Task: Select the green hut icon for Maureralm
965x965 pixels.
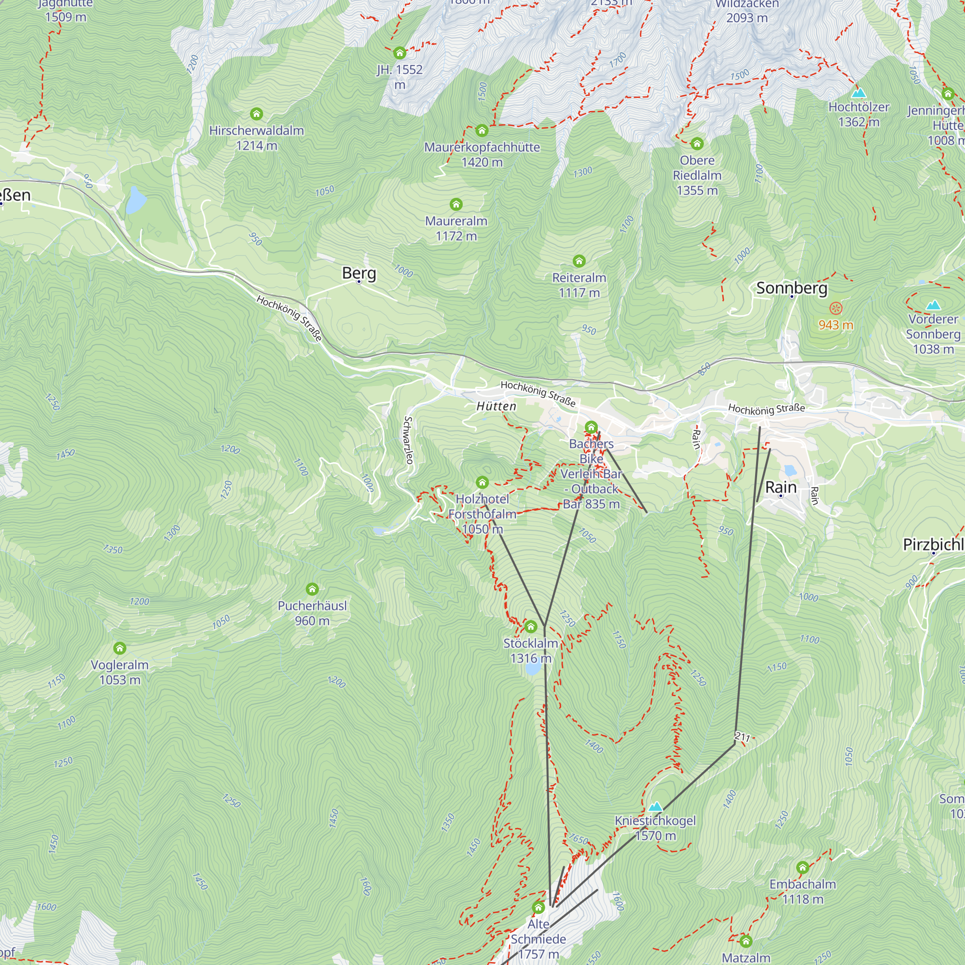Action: click(x=456, y=204)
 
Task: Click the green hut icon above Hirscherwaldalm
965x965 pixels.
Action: click(x=256, y=114)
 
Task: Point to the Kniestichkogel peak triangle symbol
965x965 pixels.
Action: click(x=655, y=807)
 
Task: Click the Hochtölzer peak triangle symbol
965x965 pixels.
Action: click(x=859, y=93)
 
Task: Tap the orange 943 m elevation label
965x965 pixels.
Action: click(x=836, y=325)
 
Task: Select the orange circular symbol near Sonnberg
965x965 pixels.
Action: click(x=836, y=308)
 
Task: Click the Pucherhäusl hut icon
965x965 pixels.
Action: click(x=312, y=590)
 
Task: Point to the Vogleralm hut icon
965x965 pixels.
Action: click(x=119, y=648)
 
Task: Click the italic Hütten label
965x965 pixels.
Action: click(x=496, y=406)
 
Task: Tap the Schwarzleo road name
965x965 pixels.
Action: click(x=409, y=440)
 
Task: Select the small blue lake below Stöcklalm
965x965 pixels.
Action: click(x=533, y=668)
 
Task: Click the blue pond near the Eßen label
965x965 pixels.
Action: click(x=136, y=200)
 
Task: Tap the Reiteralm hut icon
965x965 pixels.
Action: click(x=579, y=261)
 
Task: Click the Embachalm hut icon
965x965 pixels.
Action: click(x=802, y=868)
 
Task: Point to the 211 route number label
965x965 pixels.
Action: click(x=742, y=737)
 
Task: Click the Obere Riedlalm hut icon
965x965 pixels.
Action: click(x=697, y=144)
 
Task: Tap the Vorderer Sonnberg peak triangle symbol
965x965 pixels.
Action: click(x=933, y=304)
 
